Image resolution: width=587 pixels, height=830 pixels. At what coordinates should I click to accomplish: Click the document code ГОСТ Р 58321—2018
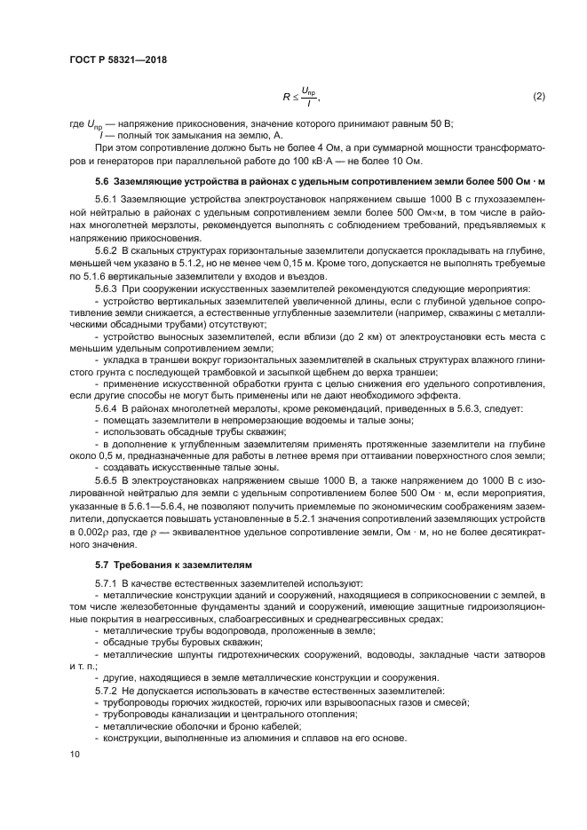(117, 60)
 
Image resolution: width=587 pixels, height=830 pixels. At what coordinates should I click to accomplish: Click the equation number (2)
(537, 96)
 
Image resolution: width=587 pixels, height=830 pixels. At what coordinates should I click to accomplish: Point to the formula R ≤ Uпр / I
(300, 96)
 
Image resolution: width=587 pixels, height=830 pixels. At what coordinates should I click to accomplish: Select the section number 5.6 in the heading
(102, 183)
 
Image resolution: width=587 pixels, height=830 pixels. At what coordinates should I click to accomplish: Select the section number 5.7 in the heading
(102, 564)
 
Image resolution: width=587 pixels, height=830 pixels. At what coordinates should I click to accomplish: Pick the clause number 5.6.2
(106, 253)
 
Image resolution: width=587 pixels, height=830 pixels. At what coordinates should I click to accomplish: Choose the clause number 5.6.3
(106, 289)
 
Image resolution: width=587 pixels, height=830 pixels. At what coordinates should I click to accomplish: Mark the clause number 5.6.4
(106, 407)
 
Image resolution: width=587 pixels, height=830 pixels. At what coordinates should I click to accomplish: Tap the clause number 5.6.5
(106, 478)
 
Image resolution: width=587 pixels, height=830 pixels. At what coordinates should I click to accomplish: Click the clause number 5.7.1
(106, 581)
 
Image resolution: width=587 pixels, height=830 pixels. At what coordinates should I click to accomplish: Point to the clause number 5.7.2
(106, 690)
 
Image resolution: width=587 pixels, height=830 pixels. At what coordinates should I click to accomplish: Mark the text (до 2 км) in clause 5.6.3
(313, 337)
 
